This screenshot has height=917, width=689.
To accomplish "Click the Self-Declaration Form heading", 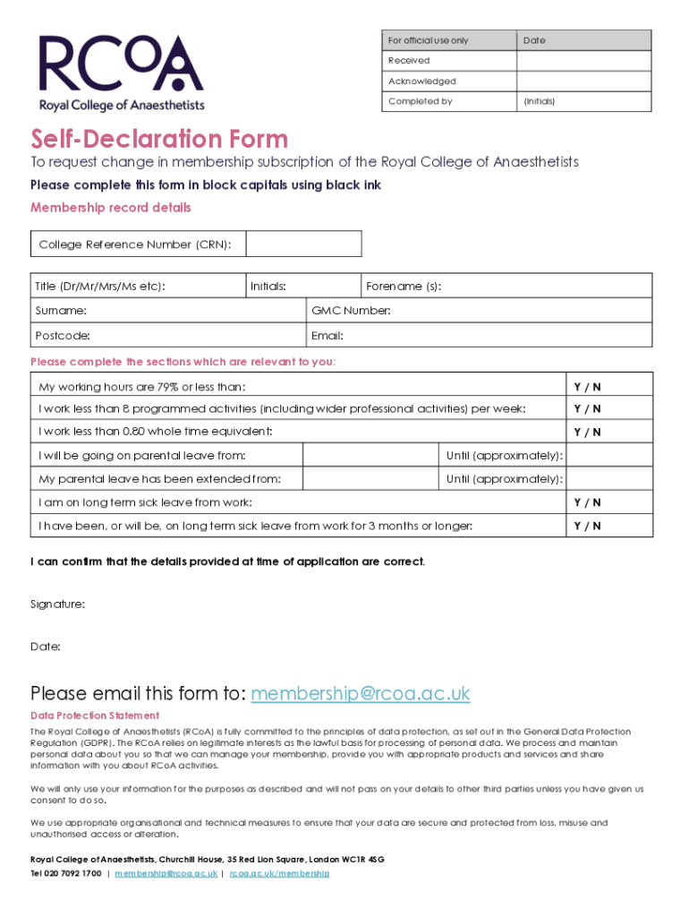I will (x=159, y=140).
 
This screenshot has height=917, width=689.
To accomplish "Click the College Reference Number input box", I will (x=303, y=244).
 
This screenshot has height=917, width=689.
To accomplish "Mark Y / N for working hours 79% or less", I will (x=587, y=387).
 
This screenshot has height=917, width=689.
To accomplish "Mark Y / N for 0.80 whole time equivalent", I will (x=587, y=433).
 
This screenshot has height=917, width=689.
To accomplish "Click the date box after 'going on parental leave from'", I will (x=370, y=456).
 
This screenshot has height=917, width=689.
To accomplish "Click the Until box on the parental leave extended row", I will (x=610, y=479).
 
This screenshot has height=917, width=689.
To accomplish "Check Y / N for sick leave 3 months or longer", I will (x=587, y=526).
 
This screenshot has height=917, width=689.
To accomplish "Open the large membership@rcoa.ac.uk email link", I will (x=360, y=694).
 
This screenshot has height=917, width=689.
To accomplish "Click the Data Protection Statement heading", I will (x=95, y=716).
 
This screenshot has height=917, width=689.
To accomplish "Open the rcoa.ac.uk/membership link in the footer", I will (x=279, y=873).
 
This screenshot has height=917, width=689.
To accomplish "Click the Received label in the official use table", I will (x=409, y=61).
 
